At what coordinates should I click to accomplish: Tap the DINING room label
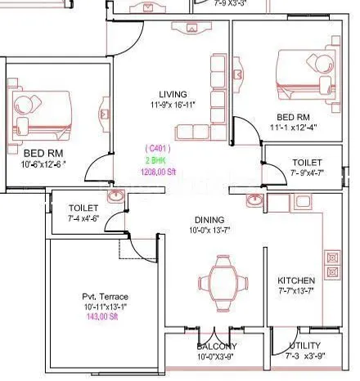[x=209, y=220]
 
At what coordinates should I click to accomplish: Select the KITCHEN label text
[x=295, y=280]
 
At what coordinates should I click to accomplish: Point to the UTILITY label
[x=304, y=346]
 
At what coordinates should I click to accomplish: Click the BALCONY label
[x=216, y=346]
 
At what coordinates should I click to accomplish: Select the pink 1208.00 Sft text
[x=160, y=173]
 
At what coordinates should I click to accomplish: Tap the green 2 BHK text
[x=157, y=160]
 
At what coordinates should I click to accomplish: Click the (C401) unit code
[x=157, y=148]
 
